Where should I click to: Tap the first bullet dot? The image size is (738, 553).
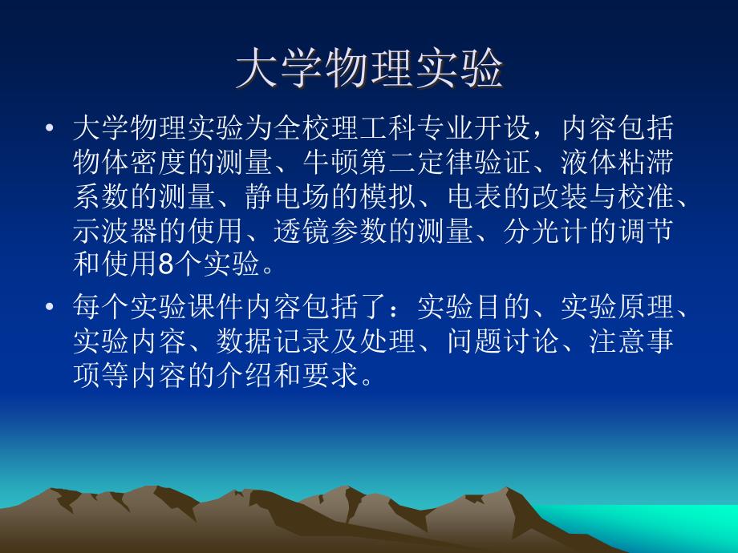pos(51,128)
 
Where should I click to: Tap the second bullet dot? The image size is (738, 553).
pos(51,307)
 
